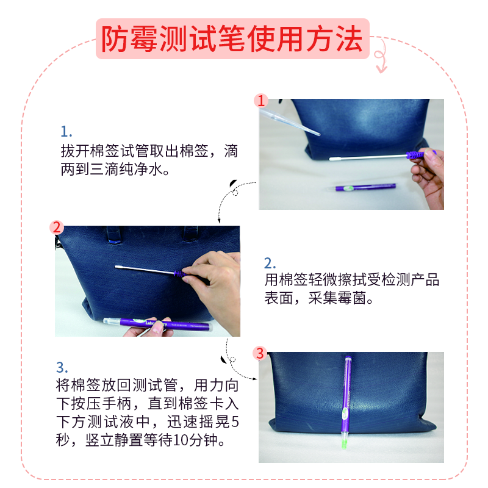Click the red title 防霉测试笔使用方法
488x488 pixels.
coord(232,39)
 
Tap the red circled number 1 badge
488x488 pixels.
coord(261,101)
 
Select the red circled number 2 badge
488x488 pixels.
coord(57,228)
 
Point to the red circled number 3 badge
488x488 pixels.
coord(260,353)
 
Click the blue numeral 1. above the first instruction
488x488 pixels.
coord(66,132)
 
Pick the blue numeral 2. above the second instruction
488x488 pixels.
coord(270,264)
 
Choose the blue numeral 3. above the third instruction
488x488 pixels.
coord(62,368)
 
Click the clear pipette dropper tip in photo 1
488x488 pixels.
coord(317,134)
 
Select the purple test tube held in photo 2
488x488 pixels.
coord(157,325)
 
